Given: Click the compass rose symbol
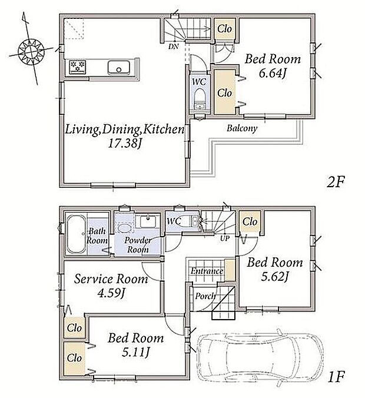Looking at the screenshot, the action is [x=31, y=51].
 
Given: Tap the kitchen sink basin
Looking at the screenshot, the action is [x=119, y=67].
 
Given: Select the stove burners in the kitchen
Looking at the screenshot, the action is [x=78, y=67].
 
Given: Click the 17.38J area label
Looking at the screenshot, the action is [x=125, y=144].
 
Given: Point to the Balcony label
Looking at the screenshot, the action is [x=241, y=128].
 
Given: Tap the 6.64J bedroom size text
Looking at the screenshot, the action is [x=273, y=74].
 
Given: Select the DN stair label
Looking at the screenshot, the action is [x=174, y=47].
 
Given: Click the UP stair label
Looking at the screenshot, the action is [x=225, y=238].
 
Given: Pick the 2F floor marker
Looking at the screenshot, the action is [x=335, y=182].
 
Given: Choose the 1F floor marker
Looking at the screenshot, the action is [x=336, y=377].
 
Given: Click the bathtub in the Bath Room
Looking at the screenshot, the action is [x=77, y=234].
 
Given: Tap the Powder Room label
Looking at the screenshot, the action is [x=137, y=245].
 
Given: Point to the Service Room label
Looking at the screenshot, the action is [x=111, y=279].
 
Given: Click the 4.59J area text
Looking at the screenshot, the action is [x=111, y=294].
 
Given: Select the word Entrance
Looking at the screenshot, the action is [x=207, y=271].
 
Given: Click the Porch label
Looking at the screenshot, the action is [x=205, y=296].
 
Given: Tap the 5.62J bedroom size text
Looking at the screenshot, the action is [x=275, y=277].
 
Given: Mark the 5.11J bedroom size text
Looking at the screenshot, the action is [x=136, y=352].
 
